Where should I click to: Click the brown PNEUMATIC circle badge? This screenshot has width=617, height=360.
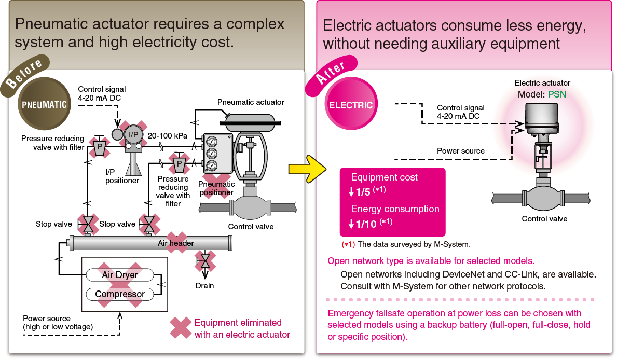pyautogui.click(x=44, y=104)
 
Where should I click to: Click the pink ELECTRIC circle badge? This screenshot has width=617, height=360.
pyautogui.click(x=351, y=105)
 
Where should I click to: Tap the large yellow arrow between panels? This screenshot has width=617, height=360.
pyautogui.click(x=307, y=168)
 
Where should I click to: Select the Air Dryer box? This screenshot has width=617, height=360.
pyautogui.click(x=120, y=274)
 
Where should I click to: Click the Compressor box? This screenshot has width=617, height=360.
pyautogui.click(x=120, y=294)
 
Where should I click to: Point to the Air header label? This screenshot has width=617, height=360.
pyautogui.click(x=176, y=243)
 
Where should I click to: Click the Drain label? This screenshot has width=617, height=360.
pyautogui.click(x=205, y=285)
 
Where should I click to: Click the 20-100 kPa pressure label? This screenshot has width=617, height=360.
pyautogui.click(x=167, y=135)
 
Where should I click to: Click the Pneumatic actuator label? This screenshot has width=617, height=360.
pyautogui.click(x=251, y=102)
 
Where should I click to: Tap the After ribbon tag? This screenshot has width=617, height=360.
pyautogui.click(x=331, y=75)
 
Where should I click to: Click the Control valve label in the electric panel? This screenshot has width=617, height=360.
pyautogui.click(x=544, y=219)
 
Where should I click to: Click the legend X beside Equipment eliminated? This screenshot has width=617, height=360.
pyautogui.click(x=181, y=328)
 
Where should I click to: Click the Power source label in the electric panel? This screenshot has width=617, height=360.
pyautogui.click(x=460, y=151)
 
